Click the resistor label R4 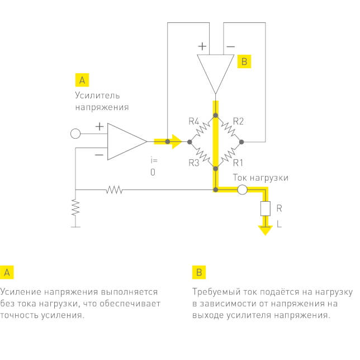pos(194,121)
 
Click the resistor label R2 pos(238,121)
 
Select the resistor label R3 pos(194,163)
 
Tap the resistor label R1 pos(238,163)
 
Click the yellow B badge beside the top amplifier pos(243,61)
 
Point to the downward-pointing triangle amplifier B pos(215,72)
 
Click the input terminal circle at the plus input pos(75,134)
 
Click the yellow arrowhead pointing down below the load pos(264,229)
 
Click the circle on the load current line pos(242,190)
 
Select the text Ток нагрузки pos(260,178)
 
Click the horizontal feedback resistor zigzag pos(114,190)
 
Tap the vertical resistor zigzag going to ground pos(75,208)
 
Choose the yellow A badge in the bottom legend pos(7,272)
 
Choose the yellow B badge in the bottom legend pos(199,272)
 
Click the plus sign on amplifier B pos(202,46)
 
